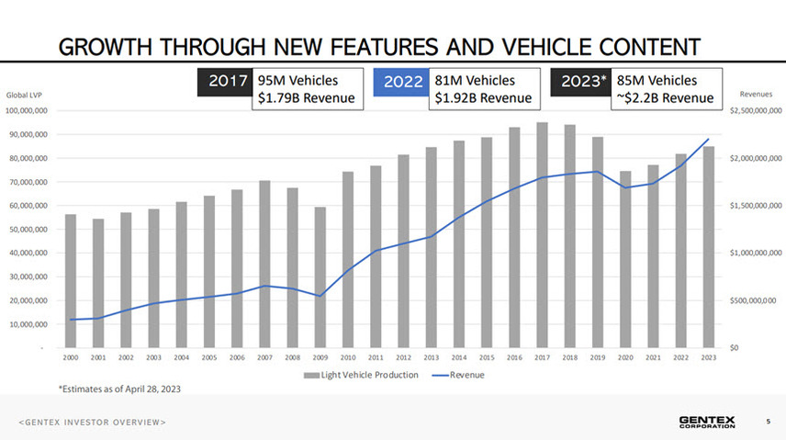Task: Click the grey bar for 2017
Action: click(542, 235)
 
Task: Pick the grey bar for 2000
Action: click(71, 281)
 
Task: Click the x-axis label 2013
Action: click(431, 357)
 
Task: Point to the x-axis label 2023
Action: click(709, 357)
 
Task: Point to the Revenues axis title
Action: click(755, 94)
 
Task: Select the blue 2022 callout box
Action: click(402, 82)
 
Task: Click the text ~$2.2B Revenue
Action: click(666, 98)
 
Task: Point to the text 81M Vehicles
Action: click(475, 81)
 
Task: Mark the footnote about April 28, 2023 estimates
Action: click(119, 389)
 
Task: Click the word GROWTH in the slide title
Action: click(111, 45)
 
